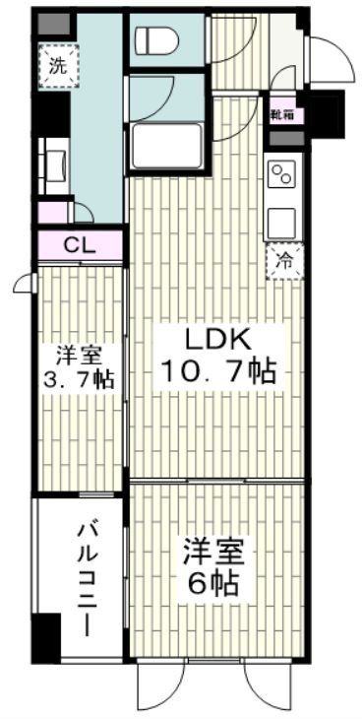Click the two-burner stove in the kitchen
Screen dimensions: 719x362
click(281, 174)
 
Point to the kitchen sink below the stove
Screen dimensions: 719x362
click(281, 221)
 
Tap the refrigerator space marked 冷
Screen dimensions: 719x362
click(282, 263)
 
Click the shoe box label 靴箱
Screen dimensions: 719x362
click(284, 114)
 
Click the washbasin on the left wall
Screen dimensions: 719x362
click(52, 161)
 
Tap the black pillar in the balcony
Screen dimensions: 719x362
click(44, 637)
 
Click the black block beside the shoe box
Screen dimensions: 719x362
click(323, 109)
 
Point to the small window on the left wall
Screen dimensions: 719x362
click(24, 285)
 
